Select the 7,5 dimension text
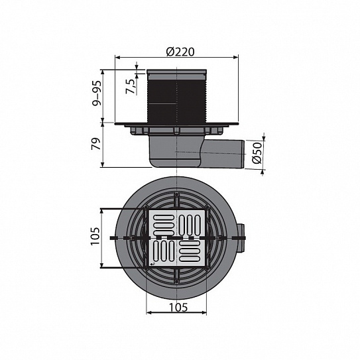133,85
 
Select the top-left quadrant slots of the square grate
162,221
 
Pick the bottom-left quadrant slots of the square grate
162,253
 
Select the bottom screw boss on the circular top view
177,278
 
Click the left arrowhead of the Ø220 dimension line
119,59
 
